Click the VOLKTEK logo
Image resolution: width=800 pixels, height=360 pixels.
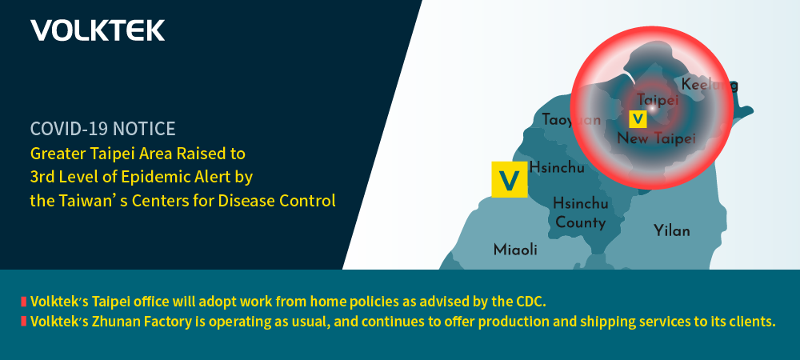tap(98, 30)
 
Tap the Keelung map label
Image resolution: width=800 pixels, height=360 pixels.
tap(710, 85)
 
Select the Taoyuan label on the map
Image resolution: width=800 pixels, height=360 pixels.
tap(571, 120)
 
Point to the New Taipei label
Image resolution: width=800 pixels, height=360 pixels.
tap(657, 138)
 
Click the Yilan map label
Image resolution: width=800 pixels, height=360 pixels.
tap(672, 230)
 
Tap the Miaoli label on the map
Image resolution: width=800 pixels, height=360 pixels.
tap(515, 250)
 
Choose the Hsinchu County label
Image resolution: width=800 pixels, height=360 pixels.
tap(581, 213)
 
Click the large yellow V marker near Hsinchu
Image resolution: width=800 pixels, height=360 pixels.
tap(509, 179)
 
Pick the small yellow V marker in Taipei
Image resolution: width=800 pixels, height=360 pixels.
tap(638, 119)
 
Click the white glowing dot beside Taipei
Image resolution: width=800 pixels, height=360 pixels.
tap(651, 108)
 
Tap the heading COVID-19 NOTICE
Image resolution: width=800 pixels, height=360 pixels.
tap(102, 129)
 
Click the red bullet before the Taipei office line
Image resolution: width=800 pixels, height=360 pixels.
tap(23, 302)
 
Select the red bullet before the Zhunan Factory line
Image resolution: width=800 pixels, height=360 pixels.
tap(23, 322)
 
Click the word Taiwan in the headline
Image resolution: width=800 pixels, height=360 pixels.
tap(78, 200)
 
